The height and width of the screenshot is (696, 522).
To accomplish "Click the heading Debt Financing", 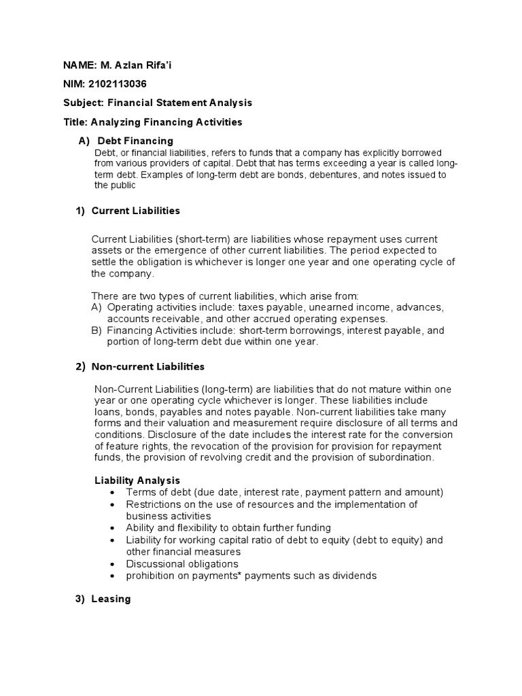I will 135,141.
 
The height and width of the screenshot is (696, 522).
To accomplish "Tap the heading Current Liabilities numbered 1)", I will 135,211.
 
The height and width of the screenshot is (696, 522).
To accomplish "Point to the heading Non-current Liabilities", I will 147,366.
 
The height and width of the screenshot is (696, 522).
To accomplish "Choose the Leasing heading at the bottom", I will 111,599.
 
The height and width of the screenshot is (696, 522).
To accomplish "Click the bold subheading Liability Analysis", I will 137,480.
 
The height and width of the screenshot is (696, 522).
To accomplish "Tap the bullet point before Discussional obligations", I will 111,564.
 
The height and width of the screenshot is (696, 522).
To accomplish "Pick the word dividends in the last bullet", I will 353,576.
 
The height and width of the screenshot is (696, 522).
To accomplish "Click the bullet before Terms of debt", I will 111,492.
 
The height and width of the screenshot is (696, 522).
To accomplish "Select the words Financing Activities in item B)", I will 147,330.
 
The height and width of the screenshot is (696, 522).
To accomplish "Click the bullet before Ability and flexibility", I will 111,528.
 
